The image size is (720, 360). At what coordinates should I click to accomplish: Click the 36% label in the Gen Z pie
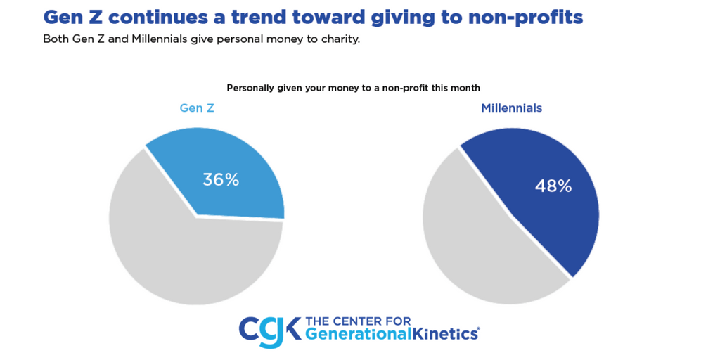pyautogui.click(x=221, y=179)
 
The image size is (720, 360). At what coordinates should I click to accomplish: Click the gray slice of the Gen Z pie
pyautogui.click(x=176, y=253)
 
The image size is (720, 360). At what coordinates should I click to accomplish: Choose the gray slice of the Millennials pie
pyautogui.click(x=478, y=246)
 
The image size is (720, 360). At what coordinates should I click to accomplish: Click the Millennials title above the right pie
pyautogui.click(x=511, y=108)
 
